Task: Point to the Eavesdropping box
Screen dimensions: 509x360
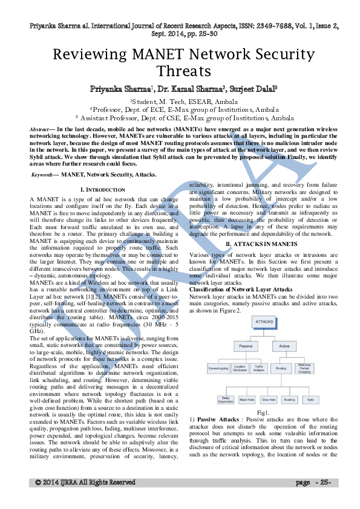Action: [x=217, y=368]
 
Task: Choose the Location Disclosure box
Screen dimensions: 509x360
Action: [x=240, y=368]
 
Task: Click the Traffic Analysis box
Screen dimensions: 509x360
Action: [x=259, y=368]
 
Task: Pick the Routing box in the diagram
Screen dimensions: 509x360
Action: [x=281, y=368]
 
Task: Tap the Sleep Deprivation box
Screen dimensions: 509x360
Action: [x=224, y=400]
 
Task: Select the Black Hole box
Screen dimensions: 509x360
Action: [x=246, y=400]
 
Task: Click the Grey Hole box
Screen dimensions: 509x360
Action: [x=268, y=400]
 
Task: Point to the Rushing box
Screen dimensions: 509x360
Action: [x=289, y=400]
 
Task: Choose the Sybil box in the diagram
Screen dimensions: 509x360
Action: [x=310, y=400]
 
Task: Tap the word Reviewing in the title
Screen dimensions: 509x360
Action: [x=92, y=54]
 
